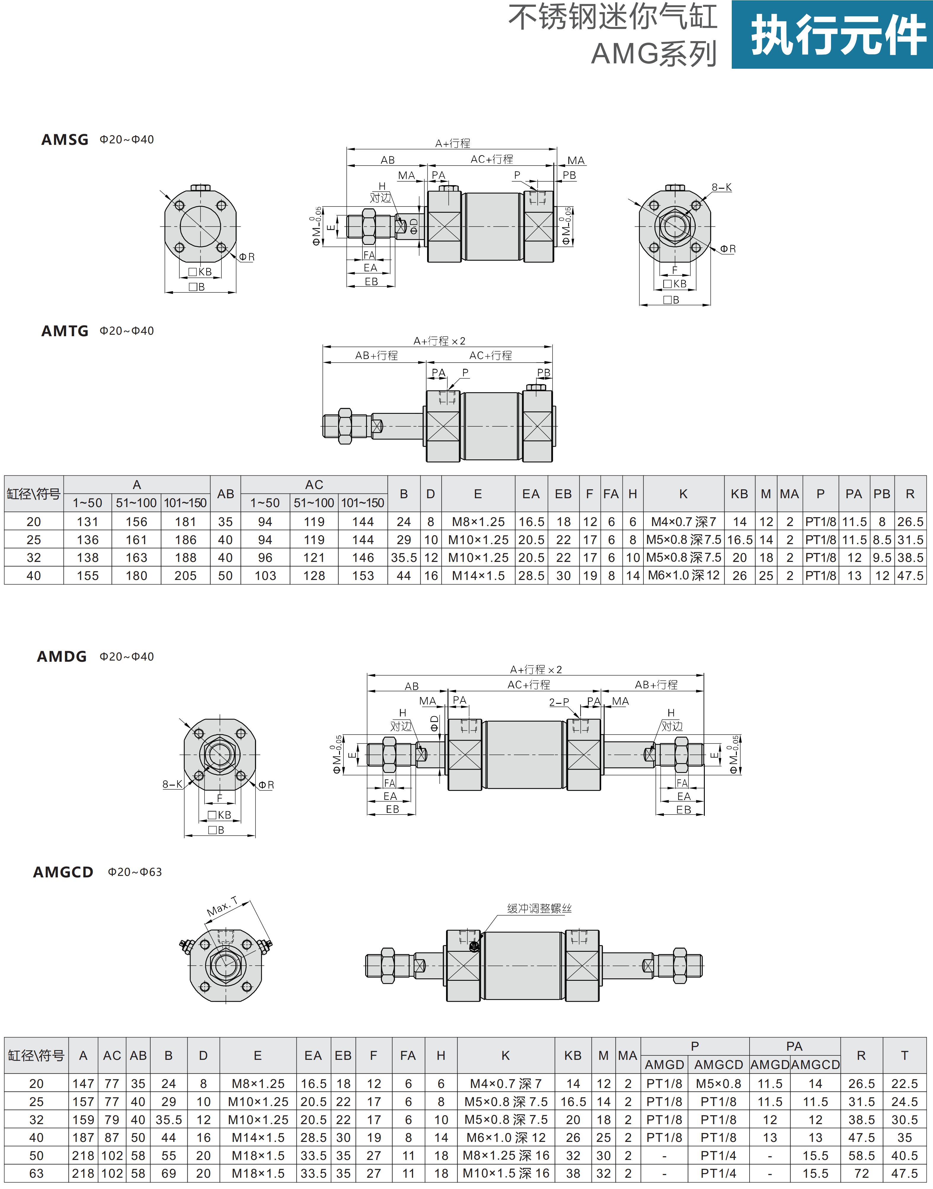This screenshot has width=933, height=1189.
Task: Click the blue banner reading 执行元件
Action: [832, 34]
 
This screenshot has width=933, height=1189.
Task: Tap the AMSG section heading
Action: [65, 140]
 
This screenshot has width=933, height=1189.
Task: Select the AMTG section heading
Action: [65, 331]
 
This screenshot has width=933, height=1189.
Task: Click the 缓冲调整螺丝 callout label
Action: [539, 908]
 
